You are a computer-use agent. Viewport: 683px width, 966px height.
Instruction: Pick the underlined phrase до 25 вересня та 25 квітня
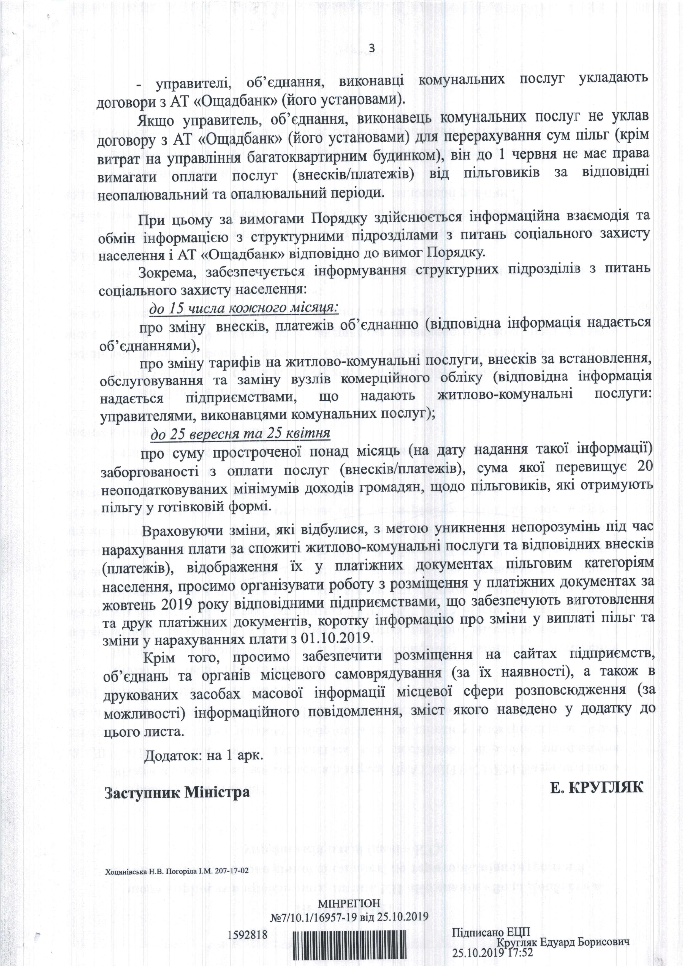(x=240, y=433)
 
